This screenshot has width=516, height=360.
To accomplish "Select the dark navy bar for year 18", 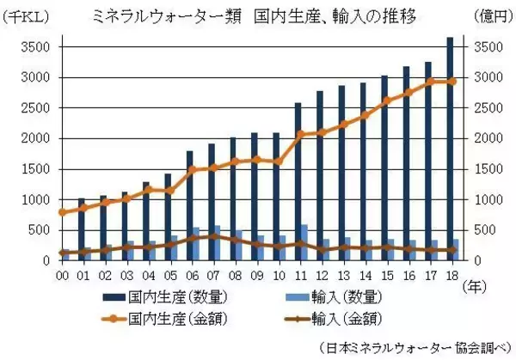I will pyautogui.click(x=449, y=146).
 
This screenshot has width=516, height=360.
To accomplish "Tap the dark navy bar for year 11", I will pyautogui.click(x=298, y=180).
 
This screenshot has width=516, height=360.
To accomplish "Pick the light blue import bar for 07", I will pyautogui.click(x=217, y=242).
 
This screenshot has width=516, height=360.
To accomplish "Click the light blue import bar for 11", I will pyautogui.click(x=304, y=241).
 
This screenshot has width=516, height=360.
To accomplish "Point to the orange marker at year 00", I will pyautogui.click(x=62, y=212).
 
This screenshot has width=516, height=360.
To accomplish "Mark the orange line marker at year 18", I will pyautogui.click(x=451, y=82).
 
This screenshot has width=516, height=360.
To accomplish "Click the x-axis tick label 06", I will pyautogui.click(x=192, y=274).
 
